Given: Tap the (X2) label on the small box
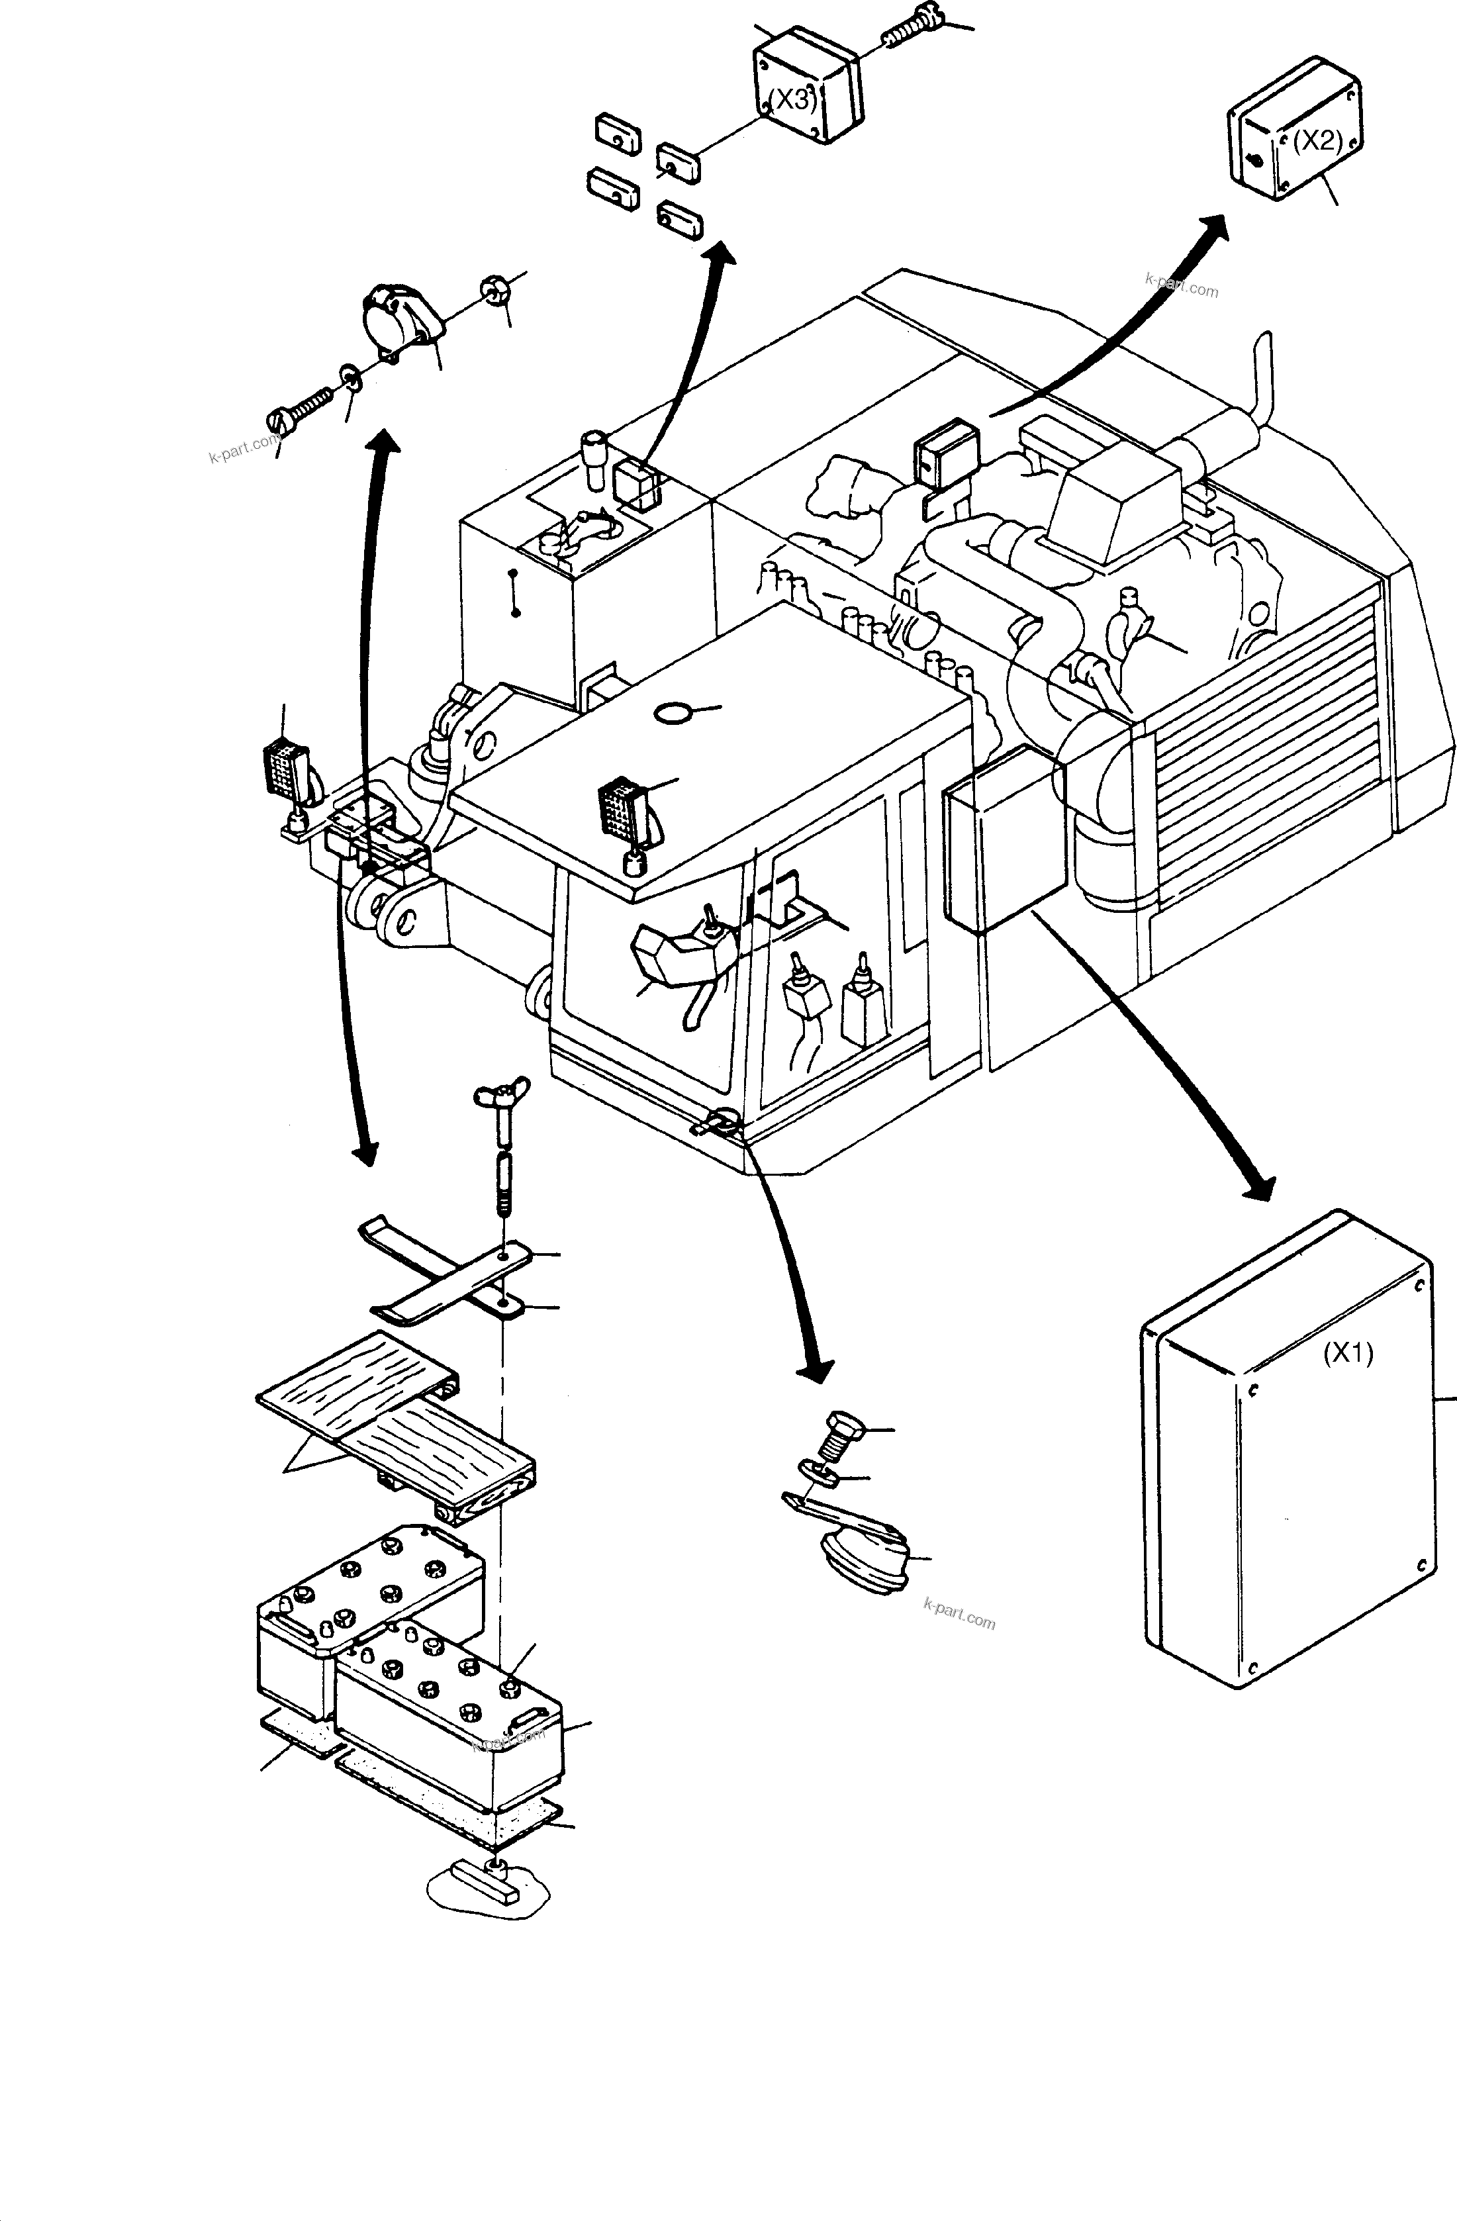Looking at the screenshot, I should (x=1317, y=141).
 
